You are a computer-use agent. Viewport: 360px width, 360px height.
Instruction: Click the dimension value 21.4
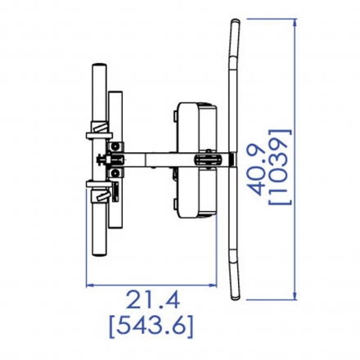(153, 299)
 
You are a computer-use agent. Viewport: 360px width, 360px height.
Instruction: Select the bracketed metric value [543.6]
(151, 326)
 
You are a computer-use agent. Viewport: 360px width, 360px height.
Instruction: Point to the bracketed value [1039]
(280, 168)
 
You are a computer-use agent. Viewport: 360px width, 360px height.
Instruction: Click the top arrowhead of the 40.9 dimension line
(295, 22)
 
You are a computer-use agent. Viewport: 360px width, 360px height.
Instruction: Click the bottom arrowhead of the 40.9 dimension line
(295, 296)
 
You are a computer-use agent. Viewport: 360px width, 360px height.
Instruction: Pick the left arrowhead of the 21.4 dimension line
(90, 286)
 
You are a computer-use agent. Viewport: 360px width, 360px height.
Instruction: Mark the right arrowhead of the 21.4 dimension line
(213, 286)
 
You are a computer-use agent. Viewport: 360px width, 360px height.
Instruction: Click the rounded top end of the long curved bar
(235, 22)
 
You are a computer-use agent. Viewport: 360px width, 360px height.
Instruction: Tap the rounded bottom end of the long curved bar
(235, 297)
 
